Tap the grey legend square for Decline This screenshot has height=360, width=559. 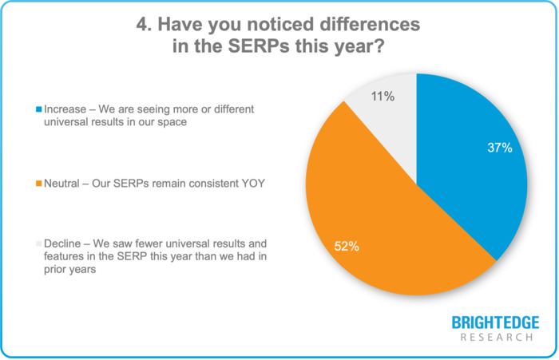38,243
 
